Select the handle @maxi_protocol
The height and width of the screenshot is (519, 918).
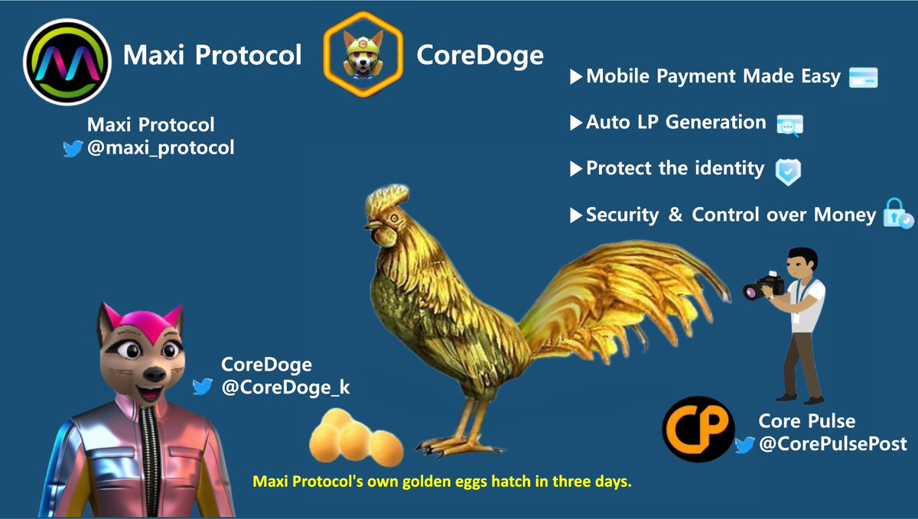(161, 148)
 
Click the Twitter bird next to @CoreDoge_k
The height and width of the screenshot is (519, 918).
(203, 387)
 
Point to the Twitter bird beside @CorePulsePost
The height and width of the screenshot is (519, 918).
(744, 445)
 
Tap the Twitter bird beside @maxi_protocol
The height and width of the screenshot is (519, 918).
(73, 148)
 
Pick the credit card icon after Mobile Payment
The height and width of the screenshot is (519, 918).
(863, 77)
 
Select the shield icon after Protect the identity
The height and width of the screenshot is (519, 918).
(788, 170)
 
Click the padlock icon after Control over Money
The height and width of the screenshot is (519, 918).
(897, 215)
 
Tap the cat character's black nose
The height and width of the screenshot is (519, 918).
(153, 373)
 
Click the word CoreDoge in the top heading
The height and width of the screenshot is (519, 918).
(480, 55)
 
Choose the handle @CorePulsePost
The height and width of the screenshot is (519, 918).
(832, 444)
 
